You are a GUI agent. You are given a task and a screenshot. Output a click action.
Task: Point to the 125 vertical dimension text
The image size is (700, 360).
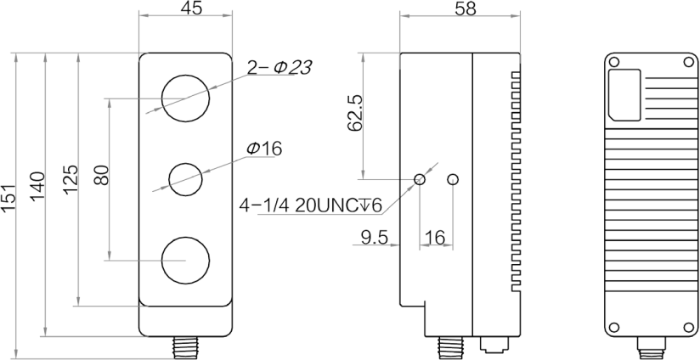(70, 179)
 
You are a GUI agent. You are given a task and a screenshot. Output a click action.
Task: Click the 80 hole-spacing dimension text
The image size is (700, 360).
(99, 176)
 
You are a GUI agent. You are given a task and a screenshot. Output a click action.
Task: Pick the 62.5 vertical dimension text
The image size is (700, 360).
(355, 112)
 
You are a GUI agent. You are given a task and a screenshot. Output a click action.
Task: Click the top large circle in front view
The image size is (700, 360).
(186, 98)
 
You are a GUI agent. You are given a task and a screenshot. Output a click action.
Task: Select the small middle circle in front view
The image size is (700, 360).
(186, 178)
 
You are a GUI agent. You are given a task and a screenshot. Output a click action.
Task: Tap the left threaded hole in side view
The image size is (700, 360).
(421, 178)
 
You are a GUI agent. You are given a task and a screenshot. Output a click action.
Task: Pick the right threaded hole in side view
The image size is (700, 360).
(452, 178)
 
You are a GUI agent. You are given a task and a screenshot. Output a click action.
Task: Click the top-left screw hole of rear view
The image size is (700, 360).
(615, 60)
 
